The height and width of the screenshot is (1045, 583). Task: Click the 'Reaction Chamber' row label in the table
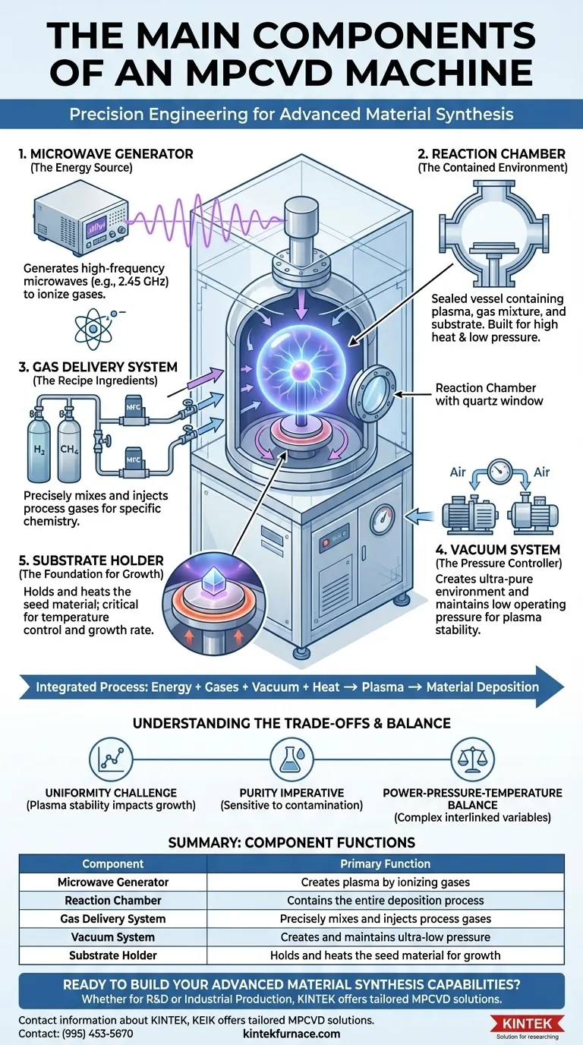click(113, 900)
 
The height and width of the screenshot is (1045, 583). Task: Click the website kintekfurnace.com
click(291, 1034)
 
